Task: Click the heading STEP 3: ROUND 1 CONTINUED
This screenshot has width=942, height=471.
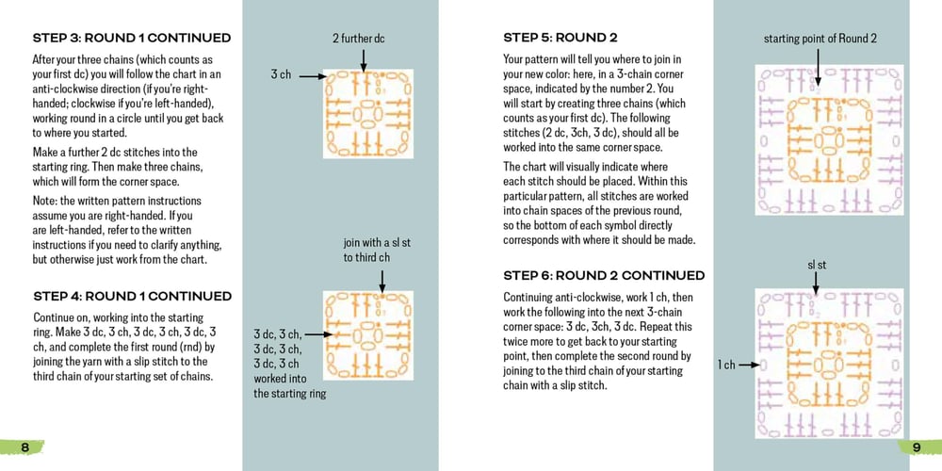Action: point(132,39)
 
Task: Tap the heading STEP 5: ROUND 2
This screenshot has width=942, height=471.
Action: point(560,39)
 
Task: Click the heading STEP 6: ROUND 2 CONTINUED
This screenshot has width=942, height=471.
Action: point(604,275)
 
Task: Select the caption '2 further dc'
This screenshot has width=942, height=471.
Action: point(358,39)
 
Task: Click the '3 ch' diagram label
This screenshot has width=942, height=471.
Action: point(281,73)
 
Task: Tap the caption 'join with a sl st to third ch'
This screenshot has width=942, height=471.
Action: point(377,250)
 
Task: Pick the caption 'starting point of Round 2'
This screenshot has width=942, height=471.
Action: point(820,39)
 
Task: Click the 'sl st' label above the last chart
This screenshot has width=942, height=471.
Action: point(817,266)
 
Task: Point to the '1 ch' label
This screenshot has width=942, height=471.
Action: point(726,365)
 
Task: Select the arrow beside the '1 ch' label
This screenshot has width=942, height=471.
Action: point(748,365)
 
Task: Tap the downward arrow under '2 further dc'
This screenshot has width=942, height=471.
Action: point(363,58)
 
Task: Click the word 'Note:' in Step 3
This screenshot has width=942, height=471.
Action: point(46,201)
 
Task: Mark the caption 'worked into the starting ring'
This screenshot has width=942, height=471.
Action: point(290,394)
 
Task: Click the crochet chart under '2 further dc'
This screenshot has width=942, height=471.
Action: point(368,113)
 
